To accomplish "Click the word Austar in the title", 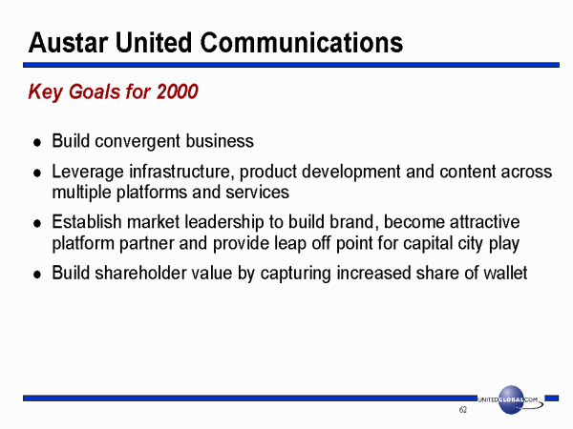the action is [69, 43].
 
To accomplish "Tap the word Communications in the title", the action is [302, 43].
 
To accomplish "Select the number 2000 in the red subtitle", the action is [178, 92].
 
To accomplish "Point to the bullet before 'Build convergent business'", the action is [37, 143].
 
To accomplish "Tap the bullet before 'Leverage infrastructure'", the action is [37, 173].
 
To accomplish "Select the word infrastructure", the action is [181, 172].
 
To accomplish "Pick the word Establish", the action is [87, 222].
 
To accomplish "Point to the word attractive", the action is [484, 222].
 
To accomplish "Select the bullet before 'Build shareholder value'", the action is [37, 275].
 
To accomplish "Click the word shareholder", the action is [140, 273].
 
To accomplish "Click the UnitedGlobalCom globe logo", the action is [511, 399].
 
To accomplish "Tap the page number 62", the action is [462, 410].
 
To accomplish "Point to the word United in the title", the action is [154, 43].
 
